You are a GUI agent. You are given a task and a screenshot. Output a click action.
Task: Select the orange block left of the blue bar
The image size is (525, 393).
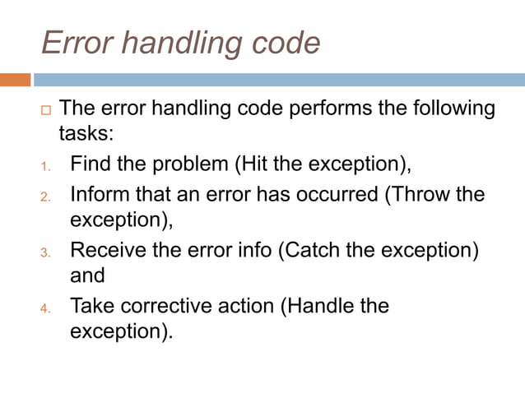pyautogui.click(x=15, y=81)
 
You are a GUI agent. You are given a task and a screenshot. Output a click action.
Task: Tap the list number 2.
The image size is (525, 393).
pyautogui.click(x=46, y=197)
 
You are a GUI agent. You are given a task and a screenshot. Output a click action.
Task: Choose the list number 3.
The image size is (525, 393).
pyautogui.click(x=46, y=252)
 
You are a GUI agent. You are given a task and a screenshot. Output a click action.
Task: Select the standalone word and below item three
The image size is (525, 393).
pyautogui.click(x=87, y=276)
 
